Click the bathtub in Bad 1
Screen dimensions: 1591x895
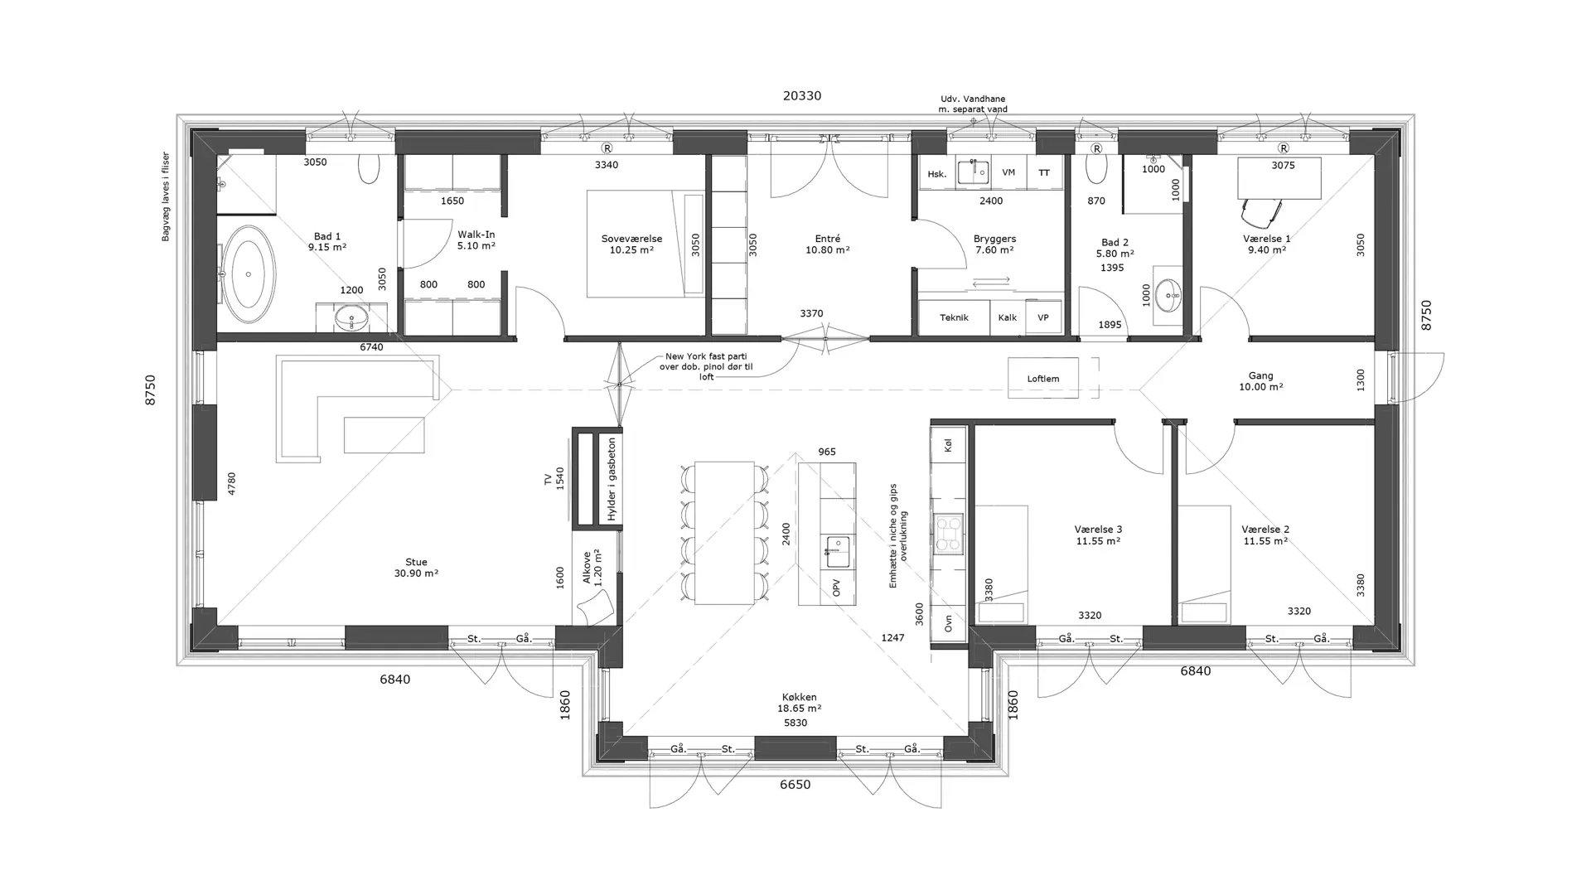pyautogui.click(x=249, y=274)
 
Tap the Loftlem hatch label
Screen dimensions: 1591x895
pyautogui.click(x=1043, y=379)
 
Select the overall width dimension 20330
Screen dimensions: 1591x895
pyautogui.click(x=802, y=96)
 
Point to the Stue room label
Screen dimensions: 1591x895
pyautogui.click(x=417, y=562)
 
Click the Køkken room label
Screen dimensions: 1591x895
pyautogui.click(x=799, y=698)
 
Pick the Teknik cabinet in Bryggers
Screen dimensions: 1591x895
pyautogui.click(x=955, y=317)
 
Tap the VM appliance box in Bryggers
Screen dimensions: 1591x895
pyautogui.click(x=1008, y=172)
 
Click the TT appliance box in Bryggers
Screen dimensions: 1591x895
pyautogui.click(x=1044, y=172)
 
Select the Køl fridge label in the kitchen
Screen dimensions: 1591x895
pyautogui.click(x=949, y=445)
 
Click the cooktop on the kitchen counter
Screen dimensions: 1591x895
pyautogui.click(x=948, y=534)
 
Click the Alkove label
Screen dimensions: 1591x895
pyautogui.click(x=588, y=568)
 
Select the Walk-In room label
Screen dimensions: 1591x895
pyautogui.click(x=476, y=235)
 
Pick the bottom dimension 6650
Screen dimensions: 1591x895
pyautogui.click(x=795, y=785)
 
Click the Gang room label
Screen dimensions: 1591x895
pyautogui.click(x=1260, y=375)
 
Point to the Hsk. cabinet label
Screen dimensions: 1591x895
pyautogui.click(x=937, y=174)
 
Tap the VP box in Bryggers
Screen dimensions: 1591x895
pyautogui.click(x=1043, y=317)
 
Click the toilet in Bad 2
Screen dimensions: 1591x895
pyautogui.click(x=1096, y=168)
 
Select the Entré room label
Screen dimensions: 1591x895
pyautogui.click(x=828, y=239)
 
